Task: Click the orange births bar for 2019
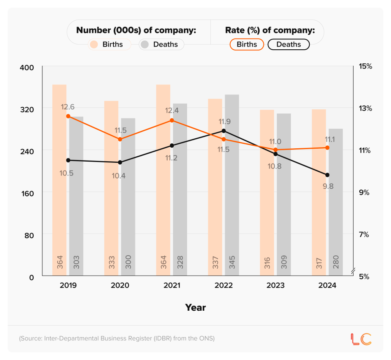point(59,191)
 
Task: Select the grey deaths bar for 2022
point(232,191)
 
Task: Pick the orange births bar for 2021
point(163,191)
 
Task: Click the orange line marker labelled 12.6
point(68,116)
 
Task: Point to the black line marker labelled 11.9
point(224,131)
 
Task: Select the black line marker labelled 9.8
point(327,175)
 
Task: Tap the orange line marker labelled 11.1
point(327,148)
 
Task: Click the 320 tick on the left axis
point(27,109)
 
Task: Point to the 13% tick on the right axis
point(365,108)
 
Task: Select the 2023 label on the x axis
point(275,285)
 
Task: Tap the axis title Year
point(195,307)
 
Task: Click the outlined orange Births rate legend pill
point(247,44)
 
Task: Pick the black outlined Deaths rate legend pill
point(288,44)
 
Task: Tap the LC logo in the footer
point(360,339)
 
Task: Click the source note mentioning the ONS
point(117,338)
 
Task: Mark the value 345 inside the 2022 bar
point(232,262)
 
